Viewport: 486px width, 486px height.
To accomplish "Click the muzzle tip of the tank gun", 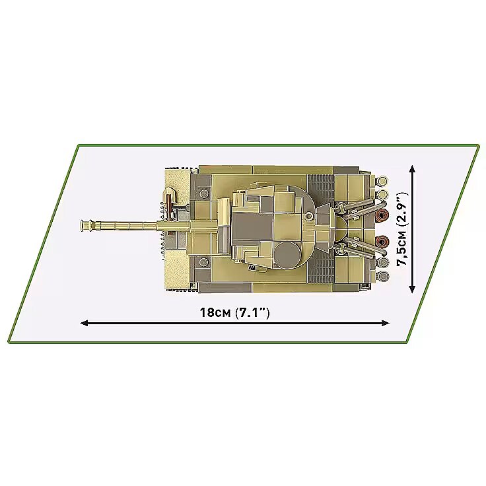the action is (81, 225).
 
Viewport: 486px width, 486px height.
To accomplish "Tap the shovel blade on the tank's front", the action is (169, 194).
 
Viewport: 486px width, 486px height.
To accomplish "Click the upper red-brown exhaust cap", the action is (382, 215).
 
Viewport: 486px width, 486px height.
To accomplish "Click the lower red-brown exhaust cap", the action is (382, 241).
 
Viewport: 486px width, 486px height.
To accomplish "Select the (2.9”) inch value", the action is (402, 211).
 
